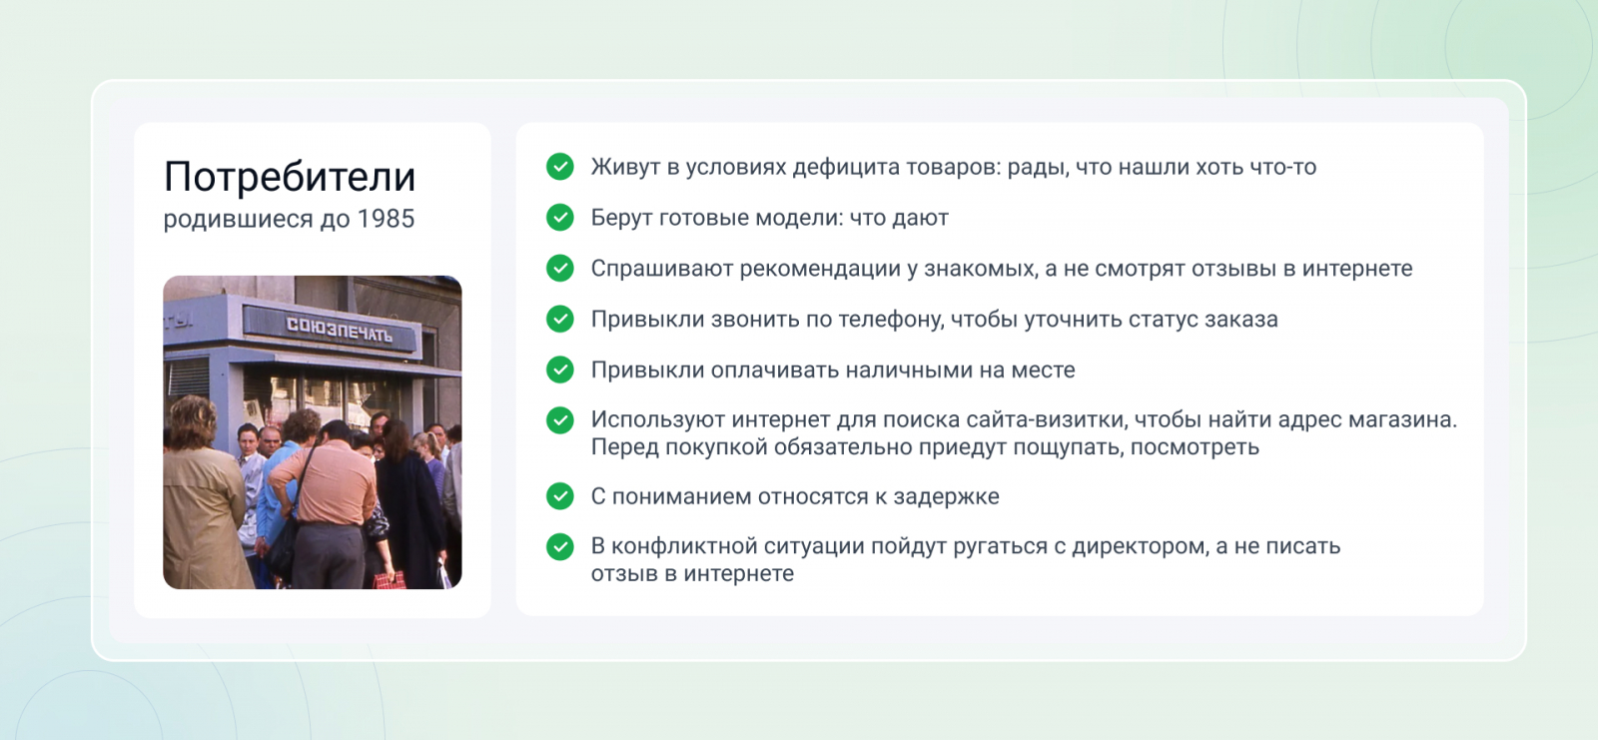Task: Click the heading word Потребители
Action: tap(289, 177)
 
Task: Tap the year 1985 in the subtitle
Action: tap(386, 219)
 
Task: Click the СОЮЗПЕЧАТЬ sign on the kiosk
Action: tap(339, 330)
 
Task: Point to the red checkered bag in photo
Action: tap(390, 579)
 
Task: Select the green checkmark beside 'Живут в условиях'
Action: tap(560, 166)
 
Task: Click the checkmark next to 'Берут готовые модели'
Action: tap(560, 217)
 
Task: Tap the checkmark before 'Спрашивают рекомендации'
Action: tap(560, 269)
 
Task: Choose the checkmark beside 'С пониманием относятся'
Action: tap(560, 496)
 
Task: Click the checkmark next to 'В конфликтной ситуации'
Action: tap(560, 546)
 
